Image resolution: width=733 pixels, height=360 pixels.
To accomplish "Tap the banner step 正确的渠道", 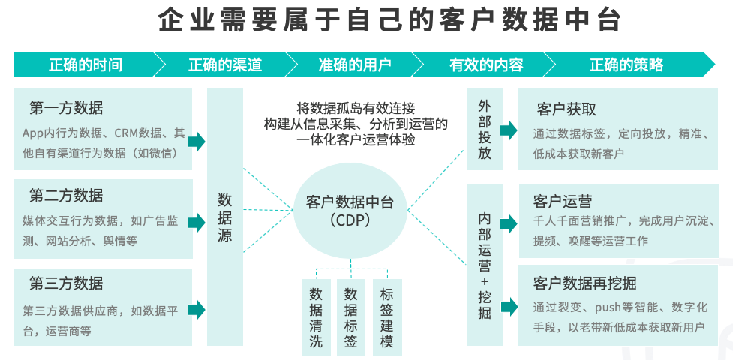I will coord(225,64).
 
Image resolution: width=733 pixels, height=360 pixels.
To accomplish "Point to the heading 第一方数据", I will coord(66,107).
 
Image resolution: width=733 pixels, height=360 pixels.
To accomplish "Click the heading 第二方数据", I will coord(66,196).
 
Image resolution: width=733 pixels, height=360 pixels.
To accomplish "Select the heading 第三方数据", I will coord(66,283).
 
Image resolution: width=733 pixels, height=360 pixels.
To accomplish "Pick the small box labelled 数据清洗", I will coord(316,318).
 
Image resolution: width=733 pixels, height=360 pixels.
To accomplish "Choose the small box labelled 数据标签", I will coord(350,318).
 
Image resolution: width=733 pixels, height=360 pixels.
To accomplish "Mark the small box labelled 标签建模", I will coord(387,318).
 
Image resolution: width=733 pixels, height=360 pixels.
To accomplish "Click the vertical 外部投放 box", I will coord(485,129).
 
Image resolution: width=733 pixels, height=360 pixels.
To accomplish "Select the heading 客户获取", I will coord(566,109).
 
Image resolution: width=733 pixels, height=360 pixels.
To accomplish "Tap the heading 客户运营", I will coord(563,201).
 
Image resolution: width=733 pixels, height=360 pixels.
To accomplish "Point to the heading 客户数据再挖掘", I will coord(585,283).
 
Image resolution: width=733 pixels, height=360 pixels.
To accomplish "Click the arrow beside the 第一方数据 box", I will coord(197,141).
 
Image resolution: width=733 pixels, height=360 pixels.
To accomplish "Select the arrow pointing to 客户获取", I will coord(509,130).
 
